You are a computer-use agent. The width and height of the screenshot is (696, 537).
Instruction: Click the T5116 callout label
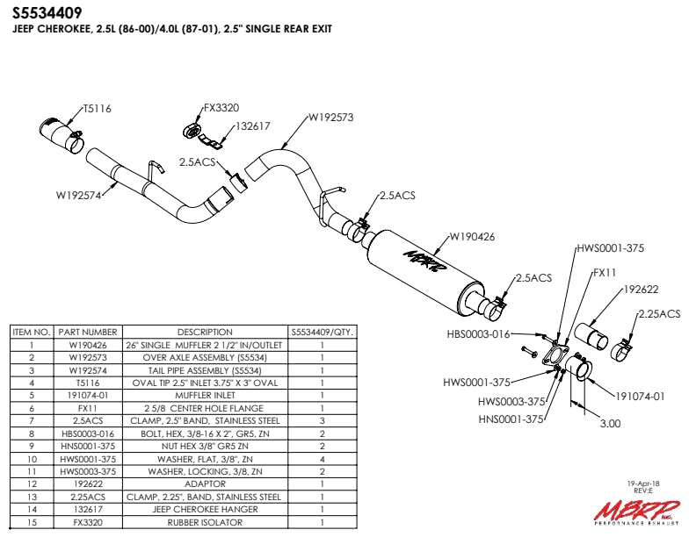coord(98,109)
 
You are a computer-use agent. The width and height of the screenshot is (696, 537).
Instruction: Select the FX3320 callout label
coord(221,109)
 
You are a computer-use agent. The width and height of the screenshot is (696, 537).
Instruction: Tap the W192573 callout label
coord(330,117)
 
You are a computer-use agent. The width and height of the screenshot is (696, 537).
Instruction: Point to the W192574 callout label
coord(79,196)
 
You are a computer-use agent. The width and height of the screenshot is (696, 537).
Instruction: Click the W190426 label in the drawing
coord(473,235)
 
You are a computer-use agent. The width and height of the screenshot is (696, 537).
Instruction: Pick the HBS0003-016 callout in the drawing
coord(478,333)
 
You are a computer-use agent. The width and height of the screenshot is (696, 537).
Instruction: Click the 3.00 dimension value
coord(610,422)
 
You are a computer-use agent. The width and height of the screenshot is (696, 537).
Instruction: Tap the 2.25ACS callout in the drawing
coord(659,313)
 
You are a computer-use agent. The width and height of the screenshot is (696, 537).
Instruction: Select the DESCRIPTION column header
coord(205,333)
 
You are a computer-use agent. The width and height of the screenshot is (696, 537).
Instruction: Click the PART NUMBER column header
coord(87,333)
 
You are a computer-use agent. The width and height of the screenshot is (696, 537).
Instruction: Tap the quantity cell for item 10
coord(322,459)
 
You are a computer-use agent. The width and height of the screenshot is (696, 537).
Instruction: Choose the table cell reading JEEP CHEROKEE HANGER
coord(205,509)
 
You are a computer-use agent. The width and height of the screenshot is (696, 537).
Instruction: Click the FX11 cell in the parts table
coord(87,408)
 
